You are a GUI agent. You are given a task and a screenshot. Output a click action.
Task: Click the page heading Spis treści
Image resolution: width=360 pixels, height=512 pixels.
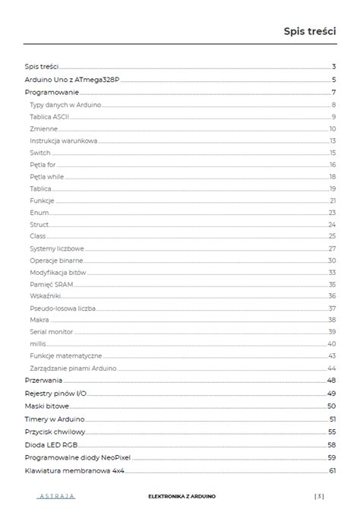pos(310,31)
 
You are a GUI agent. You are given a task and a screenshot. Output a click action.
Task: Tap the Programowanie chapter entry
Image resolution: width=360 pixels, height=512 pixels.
pos(51,92)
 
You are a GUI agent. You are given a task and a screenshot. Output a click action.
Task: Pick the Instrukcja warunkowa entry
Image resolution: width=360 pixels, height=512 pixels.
pos(63,141)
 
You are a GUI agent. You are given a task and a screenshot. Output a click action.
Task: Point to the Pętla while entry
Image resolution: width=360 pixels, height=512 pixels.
pos(47,176)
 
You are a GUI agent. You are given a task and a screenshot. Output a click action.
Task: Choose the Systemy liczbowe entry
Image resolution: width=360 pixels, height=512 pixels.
pos(57,248)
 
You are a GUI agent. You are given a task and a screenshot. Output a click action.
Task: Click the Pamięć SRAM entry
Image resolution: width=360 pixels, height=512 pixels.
pos(52,284)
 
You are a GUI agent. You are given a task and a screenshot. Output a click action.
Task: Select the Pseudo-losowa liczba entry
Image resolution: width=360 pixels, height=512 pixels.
pos(62,308)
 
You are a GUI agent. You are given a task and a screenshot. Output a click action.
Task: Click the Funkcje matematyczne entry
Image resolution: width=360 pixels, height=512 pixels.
pos(65,356)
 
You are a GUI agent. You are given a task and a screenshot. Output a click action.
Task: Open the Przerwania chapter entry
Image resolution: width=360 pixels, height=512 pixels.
pos(43,380)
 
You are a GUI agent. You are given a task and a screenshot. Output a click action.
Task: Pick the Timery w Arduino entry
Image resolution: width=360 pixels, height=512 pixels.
pos(54,419)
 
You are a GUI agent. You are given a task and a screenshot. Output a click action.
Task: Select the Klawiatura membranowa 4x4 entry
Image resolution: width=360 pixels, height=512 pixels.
pos(74,471)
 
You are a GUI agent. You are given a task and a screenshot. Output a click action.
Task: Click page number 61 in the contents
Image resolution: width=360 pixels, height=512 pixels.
pos(332,471)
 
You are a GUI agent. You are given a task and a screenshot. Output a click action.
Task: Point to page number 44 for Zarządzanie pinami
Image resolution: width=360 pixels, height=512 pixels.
pos(332,368)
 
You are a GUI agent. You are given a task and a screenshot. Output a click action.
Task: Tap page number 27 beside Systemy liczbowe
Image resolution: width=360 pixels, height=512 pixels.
pos(332,248)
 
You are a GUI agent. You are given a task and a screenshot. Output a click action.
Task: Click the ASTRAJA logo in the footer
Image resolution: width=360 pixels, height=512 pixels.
pos(55,496)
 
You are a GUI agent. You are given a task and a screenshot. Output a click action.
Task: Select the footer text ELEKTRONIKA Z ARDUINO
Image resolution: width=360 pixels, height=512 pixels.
pos(182,496)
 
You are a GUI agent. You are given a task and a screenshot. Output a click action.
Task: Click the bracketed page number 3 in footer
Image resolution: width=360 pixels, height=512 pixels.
pos(319,496)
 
